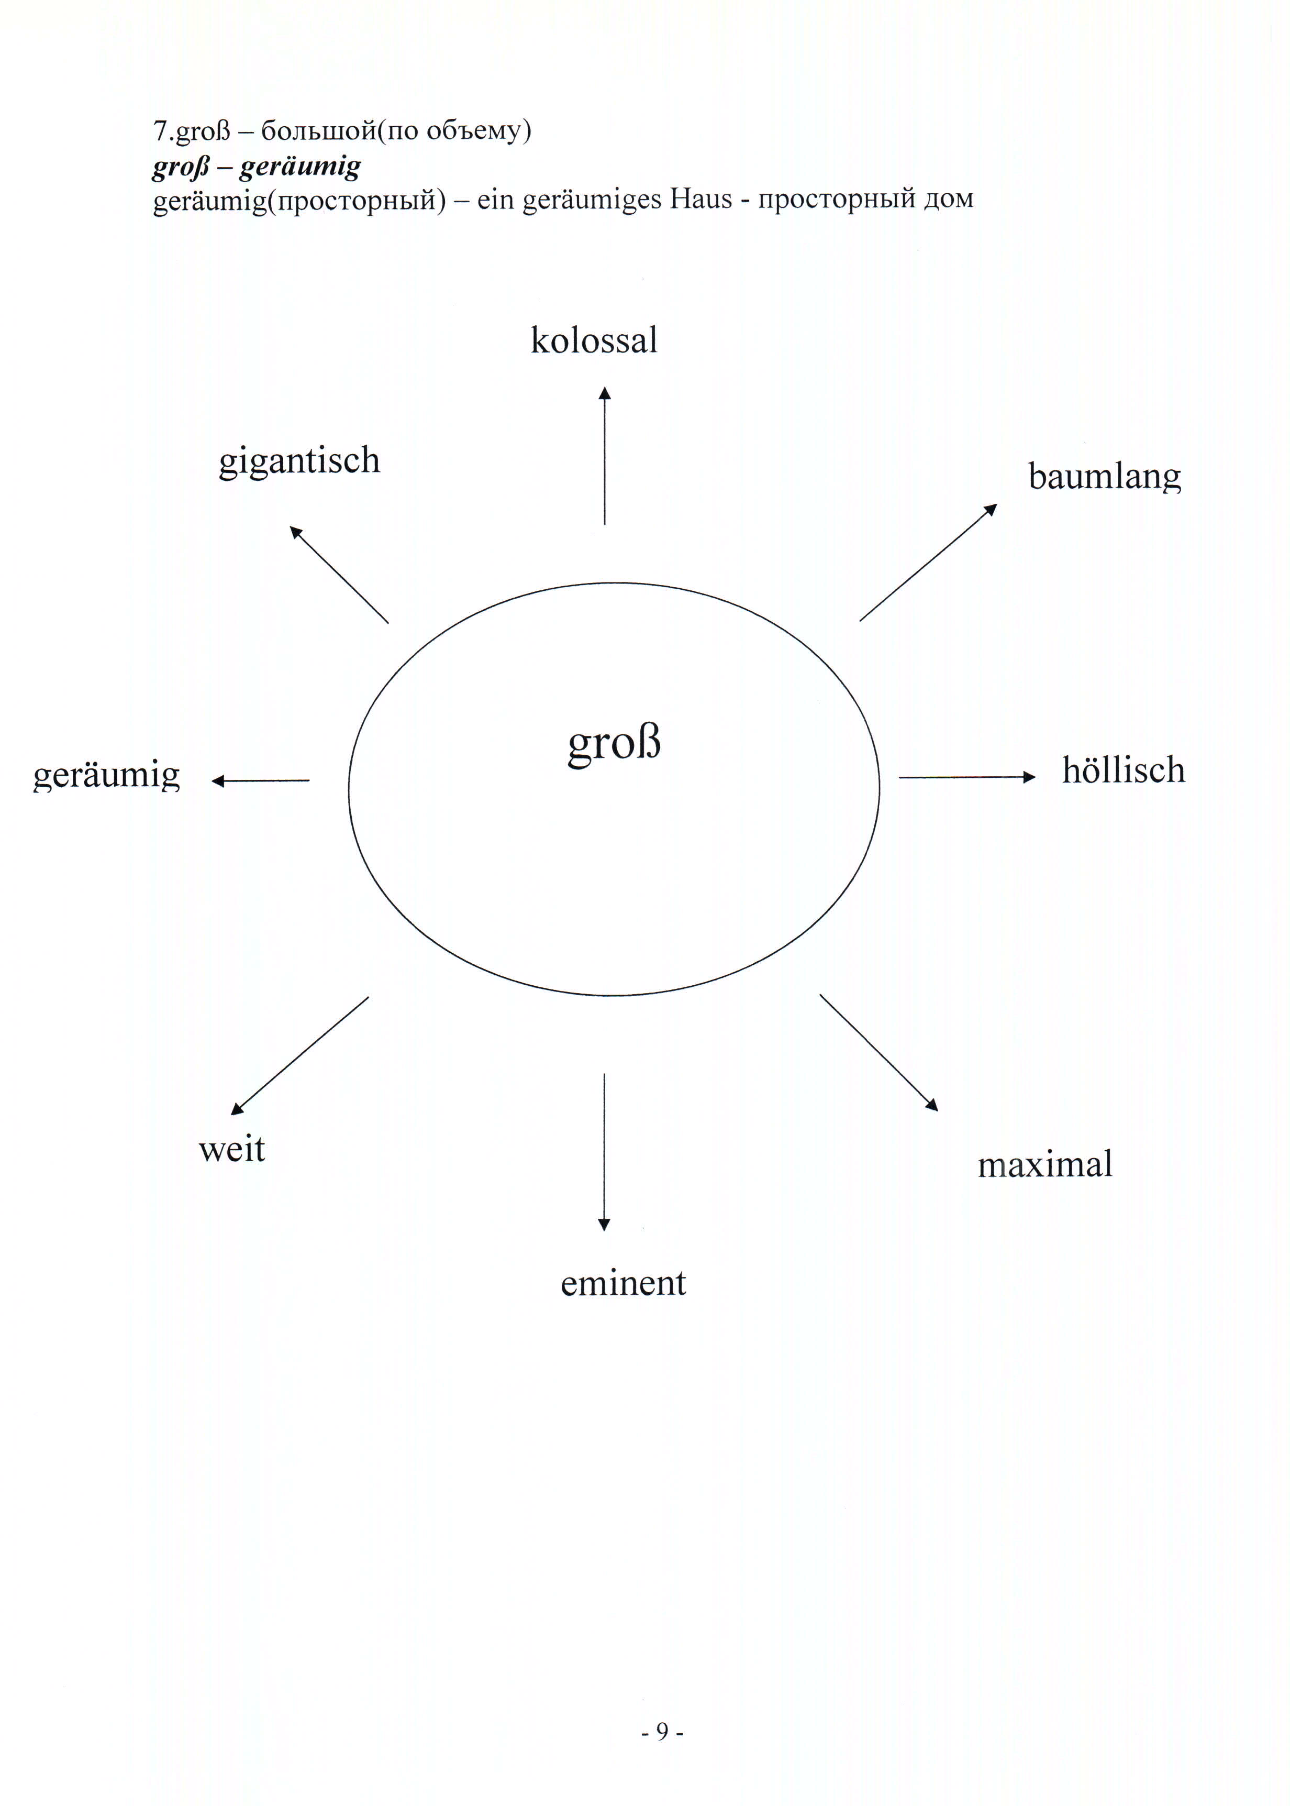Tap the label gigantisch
coord(299,461)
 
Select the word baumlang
coord(1104,477)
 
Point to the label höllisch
coord(1123,770)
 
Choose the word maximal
coord(1044,1165)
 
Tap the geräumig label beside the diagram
coord(106,776)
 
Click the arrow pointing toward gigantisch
coord(339,575)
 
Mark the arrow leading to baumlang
coord(928,563)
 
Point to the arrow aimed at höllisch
coord(966,777)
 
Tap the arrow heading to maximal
coord(878,1052)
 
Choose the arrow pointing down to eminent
coord(604,1152)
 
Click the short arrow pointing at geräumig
coord(261,781)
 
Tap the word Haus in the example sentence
coord(700,198)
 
